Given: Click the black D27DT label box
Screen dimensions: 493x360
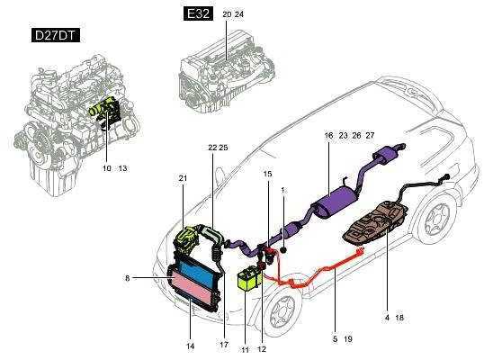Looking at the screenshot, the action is [56, 35].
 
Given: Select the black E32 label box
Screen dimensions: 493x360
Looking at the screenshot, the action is [198, 13].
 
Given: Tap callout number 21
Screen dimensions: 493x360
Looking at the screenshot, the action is [183, 178].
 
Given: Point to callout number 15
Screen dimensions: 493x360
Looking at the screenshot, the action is [267, 174].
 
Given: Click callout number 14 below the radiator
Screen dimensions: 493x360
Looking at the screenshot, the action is [191, 346].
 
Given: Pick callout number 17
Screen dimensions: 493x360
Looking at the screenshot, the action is [224, 345].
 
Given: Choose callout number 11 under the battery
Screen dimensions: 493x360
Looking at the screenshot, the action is [245, 349].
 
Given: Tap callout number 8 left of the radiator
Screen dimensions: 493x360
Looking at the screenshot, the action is [128, 278].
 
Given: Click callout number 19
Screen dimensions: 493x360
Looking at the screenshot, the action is [348, 339].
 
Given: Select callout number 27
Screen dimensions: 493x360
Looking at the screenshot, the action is [370, 136].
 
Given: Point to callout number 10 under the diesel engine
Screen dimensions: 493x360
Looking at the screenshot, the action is [107, 168].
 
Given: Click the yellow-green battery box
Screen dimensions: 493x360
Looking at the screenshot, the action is [249, 277].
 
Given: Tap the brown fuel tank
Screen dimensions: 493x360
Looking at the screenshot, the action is [376, 223].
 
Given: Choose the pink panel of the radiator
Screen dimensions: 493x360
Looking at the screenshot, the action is [193, 289].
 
